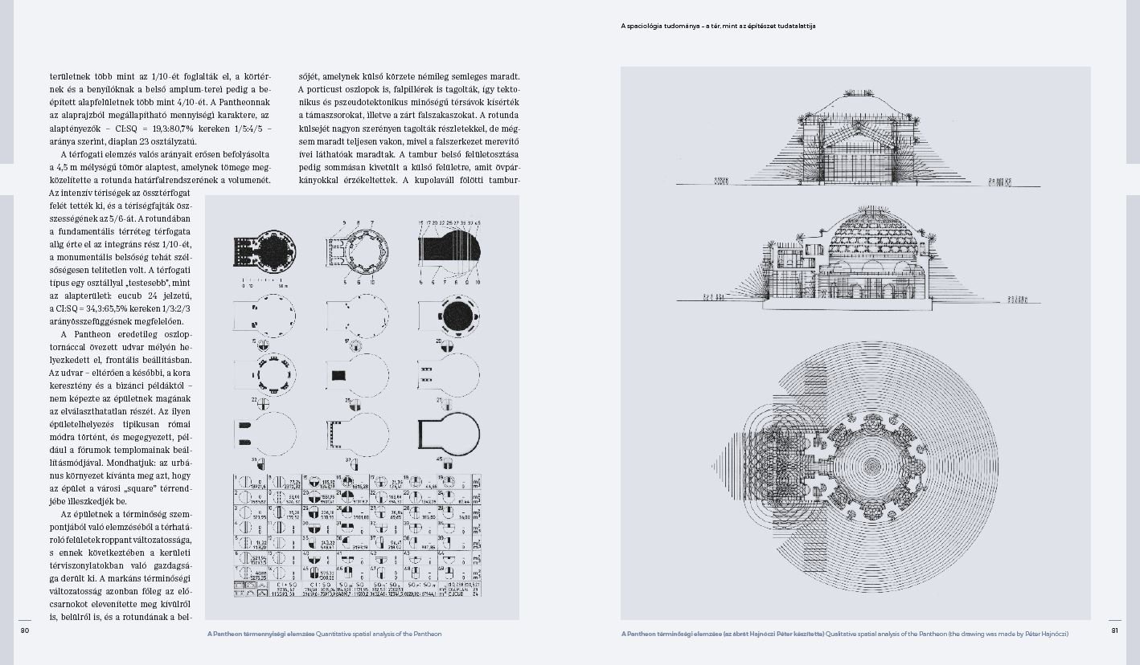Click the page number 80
pos(24,630)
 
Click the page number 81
pos(1114,630)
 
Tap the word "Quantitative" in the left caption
pos(335,634)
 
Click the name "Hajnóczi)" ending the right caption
pos(1052,634)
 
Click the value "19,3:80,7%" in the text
pos(151,128)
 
